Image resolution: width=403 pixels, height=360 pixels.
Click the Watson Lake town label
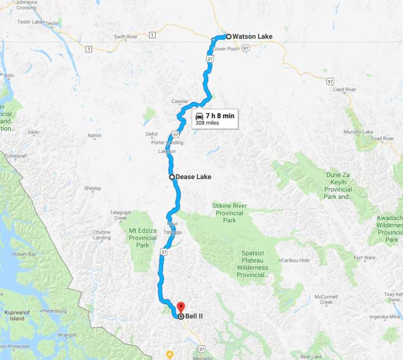tap(252, 37)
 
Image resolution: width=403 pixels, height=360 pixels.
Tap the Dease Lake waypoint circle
tap(172, 177)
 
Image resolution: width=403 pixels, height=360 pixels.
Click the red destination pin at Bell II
tap(180, 308)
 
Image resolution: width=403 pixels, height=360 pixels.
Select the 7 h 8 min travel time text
tap(219, 115)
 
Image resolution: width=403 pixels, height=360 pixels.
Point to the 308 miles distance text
tap(207, 123)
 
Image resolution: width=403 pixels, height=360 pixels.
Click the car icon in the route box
tap(199, 115)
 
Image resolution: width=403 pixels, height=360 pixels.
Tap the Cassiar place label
tap(180, 101)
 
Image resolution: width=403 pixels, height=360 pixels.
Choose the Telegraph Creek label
tap(121, 216)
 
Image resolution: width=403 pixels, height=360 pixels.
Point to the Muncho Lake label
tap(359, 132)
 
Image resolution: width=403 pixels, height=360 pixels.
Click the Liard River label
tap(344, 90)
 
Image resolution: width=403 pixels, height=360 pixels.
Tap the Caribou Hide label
tap(295, 260)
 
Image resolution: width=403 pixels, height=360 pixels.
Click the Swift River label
tap(125, 37)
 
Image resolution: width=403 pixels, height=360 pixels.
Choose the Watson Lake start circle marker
tap(228, 36)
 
